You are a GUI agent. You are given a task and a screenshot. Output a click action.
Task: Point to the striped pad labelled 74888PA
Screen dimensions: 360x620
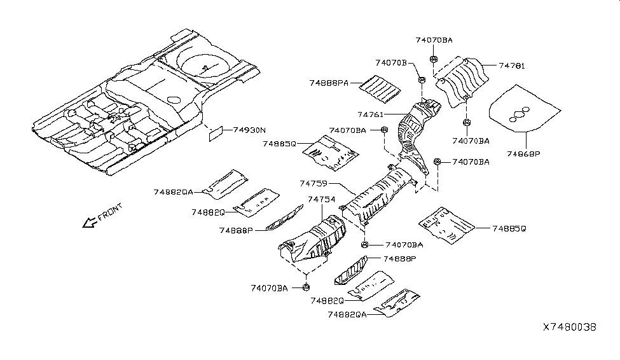tap(379, 87)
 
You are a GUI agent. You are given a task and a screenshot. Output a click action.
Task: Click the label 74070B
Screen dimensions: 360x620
tap(391, 62)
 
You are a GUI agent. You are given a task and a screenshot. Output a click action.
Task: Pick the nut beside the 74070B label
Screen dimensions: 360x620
tap(422, 80)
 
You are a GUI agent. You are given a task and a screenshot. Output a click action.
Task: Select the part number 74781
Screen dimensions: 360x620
tap(513, 66)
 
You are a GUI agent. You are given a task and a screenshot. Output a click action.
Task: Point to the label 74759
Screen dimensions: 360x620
tap(313, 183)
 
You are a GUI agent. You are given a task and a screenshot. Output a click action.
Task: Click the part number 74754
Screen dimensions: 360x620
tap(322, 199)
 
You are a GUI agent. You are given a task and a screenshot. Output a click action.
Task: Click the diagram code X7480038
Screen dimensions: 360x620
tap(570, 327)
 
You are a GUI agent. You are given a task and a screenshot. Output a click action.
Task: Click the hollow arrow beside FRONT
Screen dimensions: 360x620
tap(88, 222)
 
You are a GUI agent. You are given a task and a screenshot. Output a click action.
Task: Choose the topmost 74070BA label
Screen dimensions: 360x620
tap(434, 40)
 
